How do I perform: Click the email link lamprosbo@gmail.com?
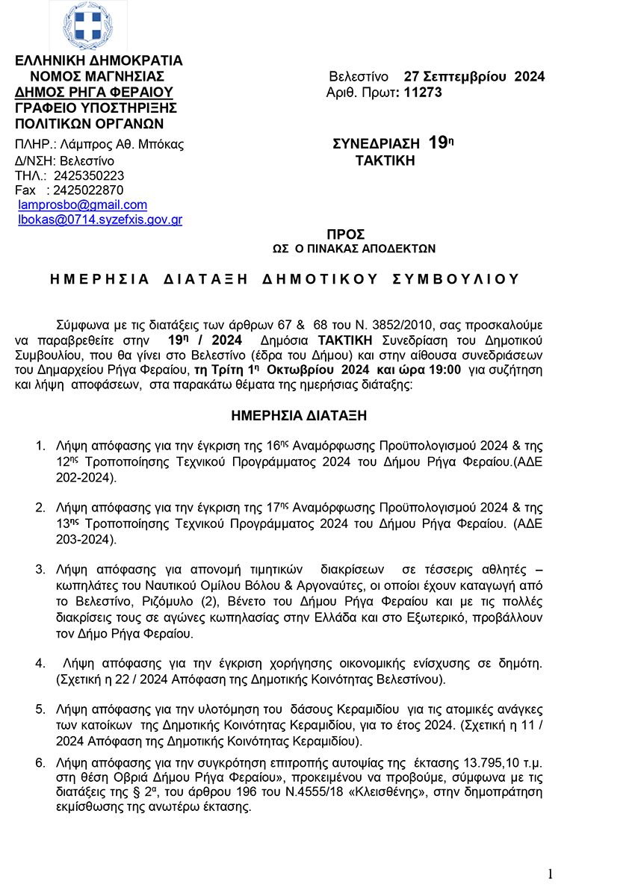pyautogui.click(x=82, y=205)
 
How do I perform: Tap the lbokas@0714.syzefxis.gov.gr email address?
pyautogui.click(x=100, y=220)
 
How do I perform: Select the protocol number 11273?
pyautogui.click(x=422, y=92)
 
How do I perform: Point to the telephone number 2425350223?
pyautogui.click(x=89, y=175)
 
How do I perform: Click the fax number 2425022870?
pyautogui.click(x=89, y=190)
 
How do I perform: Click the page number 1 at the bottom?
pyautogui.click(x=550, y=874)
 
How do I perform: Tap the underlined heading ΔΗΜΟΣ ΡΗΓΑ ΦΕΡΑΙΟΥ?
pyautogui.click(x=94, y=92)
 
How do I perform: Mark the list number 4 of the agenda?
pyautogui.click(x=41, y=663)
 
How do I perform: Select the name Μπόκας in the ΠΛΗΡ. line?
pyautogui.click(x=165, y=144)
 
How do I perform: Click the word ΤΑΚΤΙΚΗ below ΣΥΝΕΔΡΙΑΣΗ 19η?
pyautogui.click(x=385, y=160)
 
